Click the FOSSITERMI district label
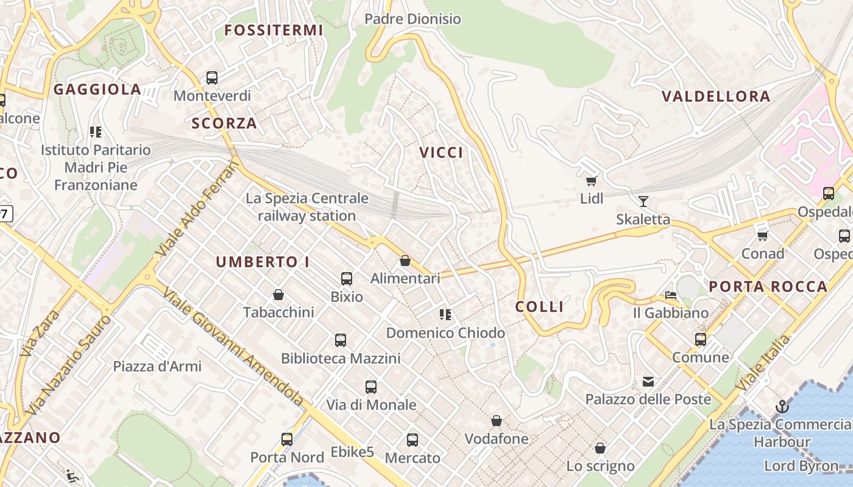coord(274,30)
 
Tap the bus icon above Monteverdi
coord(212,78)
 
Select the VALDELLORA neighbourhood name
coord(716,96)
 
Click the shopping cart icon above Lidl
coord(591,181)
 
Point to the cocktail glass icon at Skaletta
coord(643,201)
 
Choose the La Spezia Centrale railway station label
coord(307,207)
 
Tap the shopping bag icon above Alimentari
coord(405,261)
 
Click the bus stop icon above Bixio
coord(347,279)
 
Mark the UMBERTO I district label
coord(263,262)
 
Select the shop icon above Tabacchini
coord(278,295)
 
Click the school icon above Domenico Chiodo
coord(445,315)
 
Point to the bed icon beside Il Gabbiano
coord(671,296)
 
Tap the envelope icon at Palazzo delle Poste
coord(648,382)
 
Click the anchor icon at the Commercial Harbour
coord(782,407)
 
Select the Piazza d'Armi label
coord(157,366)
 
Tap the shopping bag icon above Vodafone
coord(497,421)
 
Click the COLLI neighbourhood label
coord(540,307)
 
